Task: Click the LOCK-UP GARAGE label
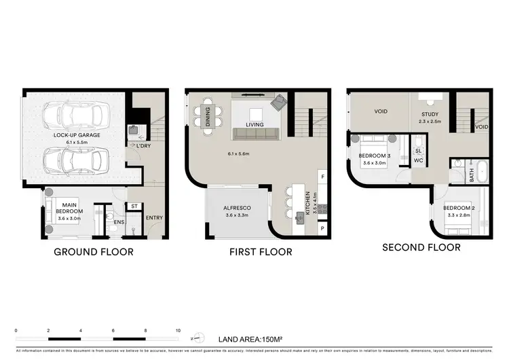[x=77, y=135]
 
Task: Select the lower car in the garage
[x=77, y=160]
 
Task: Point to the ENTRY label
[x=155, y=217]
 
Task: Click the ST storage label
[x=134, y=206]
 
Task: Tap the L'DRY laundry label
[x=144, y=146]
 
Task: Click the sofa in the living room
[x=255, y=133]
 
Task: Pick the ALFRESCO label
[x=238, y=210]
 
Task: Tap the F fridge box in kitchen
[x=322, y=177]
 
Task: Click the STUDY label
[x=430, y=114]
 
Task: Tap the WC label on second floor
[x=418, y=161]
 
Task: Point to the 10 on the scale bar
[x=178, y=330]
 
